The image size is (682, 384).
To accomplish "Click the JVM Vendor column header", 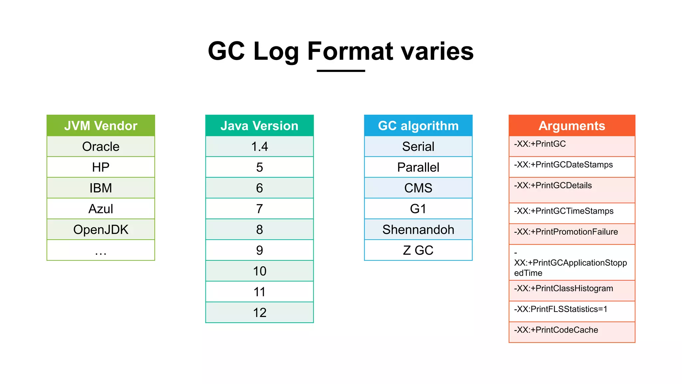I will pyautogui.click(x=101, y=126).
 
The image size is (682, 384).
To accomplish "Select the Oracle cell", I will pyautogui.click(x=101, y=147).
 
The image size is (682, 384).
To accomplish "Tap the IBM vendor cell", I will pyautogui.click(x=101, y=188).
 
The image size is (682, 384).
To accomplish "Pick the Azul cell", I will pyautogui.click(x=101, y=209).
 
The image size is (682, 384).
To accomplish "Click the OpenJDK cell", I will pyautogui.click(x=101, y=230).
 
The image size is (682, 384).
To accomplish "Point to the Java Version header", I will pyautogui.click(x=259, y=126).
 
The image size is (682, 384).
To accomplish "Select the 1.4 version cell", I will pyautogui.click(x=259, y=147).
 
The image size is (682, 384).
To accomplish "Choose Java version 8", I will pyautogui.click(x=259, y=230).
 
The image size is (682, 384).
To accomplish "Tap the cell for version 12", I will pyautogui.click(x=259, y=313).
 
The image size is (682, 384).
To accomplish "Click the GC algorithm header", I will pyautogui.click(x=418, y=126).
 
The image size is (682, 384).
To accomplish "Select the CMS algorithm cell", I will pyautogui.click(x=418, y=188).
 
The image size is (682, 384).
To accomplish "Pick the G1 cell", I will pyautogui.click(x=418, y=209).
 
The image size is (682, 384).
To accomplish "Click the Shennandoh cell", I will pyautogui.click(x=418, y=230).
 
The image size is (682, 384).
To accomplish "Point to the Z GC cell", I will pyautogui.click(x=418, y=250).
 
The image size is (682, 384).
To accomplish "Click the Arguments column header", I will pyautogui.click(x=572, y=126).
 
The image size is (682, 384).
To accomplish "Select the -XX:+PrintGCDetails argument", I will pyautogui.click(x=553, y=186).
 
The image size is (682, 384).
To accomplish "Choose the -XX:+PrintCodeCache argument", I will pyautogui.click(x=556, y=330).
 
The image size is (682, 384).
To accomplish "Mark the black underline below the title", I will pyautogui.click(x=341, y=71).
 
